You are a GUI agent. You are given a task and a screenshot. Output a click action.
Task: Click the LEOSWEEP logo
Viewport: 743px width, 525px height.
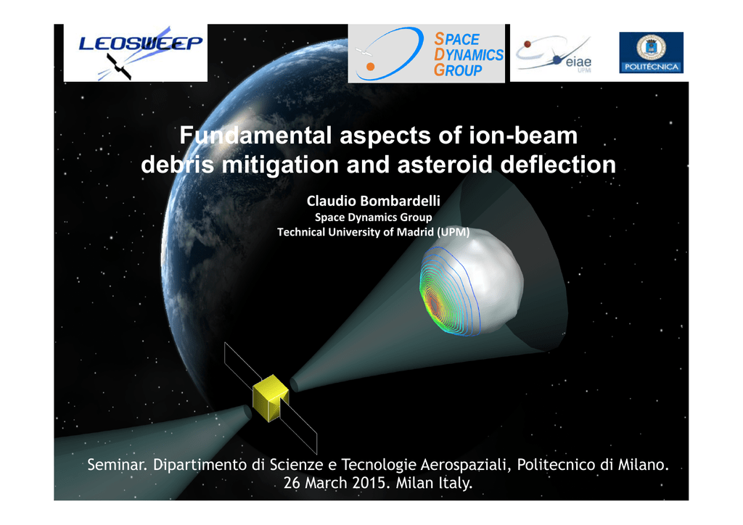(x=136, y=53)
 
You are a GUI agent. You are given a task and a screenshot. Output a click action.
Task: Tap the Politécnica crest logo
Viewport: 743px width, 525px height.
(x=651, y=52)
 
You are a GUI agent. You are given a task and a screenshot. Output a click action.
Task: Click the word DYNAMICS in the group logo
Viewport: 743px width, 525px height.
(x=469, y=54)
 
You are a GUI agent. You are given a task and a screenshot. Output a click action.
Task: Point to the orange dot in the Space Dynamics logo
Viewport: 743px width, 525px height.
(x=371, y=67)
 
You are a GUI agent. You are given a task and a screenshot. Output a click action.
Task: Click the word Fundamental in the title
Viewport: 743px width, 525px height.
(x=255, y=136)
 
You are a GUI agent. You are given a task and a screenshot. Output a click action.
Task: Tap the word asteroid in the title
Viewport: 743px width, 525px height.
(x=445, y=165)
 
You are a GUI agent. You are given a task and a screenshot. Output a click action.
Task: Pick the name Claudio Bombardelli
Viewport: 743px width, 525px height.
(x=374, y=201)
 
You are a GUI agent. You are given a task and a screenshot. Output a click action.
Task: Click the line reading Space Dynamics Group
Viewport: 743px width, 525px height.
(x=374, y=218)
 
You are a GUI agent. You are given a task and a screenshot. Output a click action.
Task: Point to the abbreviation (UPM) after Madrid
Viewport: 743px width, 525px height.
(x=453, y=232)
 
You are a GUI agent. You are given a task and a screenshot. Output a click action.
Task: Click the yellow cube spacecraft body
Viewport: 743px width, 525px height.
(x=271, y=397)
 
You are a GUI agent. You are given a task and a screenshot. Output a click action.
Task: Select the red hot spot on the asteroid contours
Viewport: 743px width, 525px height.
(x=432, y=303)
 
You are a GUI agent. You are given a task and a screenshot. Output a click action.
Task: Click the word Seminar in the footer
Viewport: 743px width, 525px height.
(x=117, y=464)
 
